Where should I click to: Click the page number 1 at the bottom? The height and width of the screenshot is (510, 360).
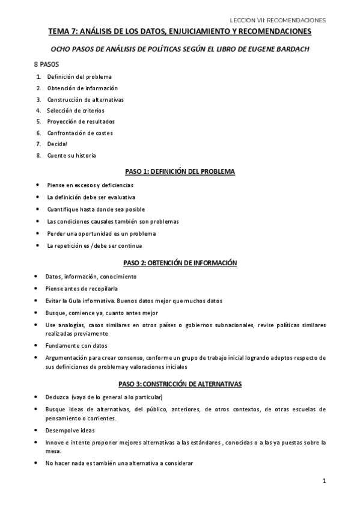(x=324, y=481)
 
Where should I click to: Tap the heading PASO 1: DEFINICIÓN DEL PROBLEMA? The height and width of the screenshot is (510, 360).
(x=179, y=171)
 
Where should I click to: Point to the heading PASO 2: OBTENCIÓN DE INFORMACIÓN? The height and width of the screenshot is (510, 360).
(x=180, y=263)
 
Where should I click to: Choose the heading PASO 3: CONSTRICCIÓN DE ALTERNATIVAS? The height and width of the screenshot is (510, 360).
(x=180, y=384)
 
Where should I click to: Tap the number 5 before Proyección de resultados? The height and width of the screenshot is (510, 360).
(x=38, y=121)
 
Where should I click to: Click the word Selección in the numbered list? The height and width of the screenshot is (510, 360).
(x=59, y=110)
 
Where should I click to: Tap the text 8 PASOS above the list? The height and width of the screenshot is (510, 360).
(x=47, y=63)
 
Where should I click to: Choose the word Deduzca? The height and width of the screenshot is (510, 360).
(x=58, y=397)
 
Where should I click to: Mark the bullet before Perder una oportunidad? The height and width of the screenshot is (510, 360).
(x=38, y=233)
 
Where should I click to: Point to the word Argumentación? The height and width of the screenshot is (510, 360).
(x=67, y=357)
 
